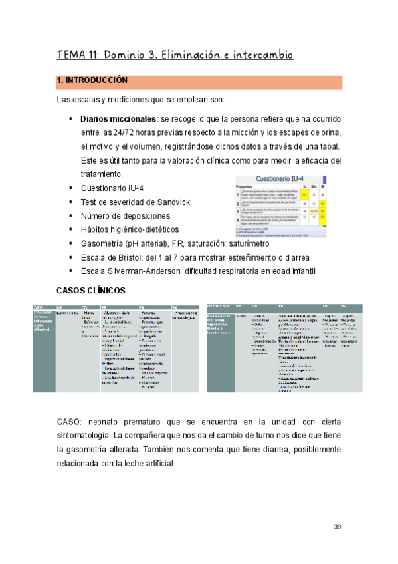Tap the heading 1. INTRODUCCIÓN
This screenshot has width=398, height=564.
tap(92, 81)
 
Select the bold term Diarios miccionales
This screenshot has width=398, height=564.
tap(117, 118)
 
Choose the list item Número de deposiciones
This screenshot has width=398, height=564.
tap(125, 216)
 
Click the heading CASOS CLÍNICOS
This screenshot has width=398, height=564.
tap(91, 291)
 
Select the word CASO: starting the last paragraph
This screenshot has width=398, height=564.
tap(70, 422)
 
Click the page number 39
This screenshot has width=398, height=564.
tap(337, 527)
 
